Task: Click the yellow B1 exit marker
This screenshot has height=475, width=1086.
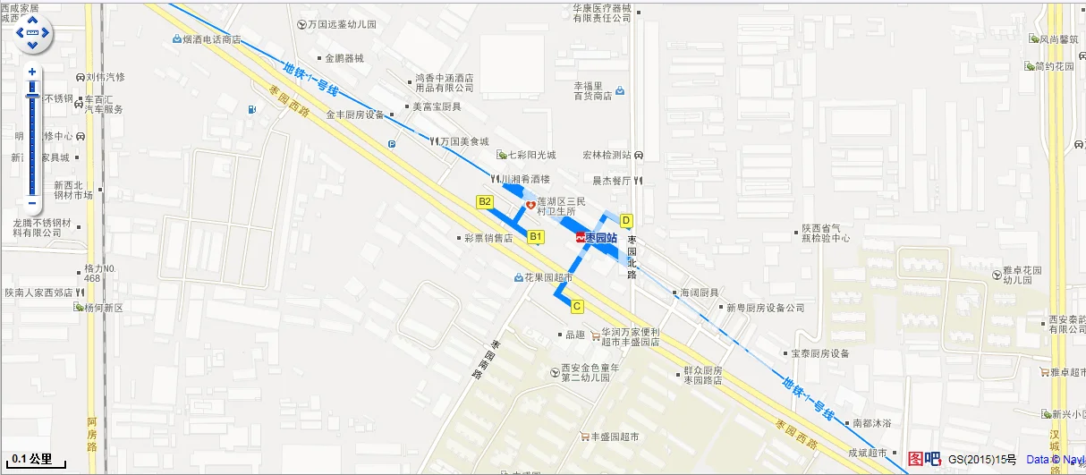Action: [536, 236]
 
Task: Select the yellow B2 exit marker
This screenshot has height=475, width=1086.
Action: [485, 202]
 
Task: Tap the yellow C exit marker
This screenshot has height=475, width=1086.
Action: [578, 306]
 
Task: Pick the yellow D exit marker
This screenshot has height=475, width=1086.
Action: [626, 220]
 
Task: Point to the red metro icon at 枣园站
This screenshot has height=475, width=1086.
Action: [581, 238]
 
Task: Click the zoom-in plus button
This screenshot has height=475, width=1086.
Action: [32, 72]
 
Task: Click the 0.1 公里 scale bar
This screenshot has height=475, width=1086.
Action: [32, 461]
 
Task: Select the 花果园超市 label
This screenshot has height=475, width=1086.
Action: [548, 277]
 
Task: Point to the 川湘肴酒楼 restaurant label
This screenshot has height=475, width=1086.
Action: [526, 180]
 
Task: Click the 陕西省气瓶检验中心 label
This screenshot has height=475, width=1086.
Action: [825, 233]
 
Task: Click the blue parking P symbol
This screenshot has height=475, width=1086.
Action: [392, 144]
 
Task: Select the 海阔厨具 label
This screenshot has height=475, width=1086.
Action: [699, 293]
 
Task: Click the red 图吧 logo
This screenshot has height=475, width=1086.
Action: [924, 459]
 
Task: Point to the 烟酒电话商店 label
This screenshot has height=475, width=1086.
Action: [211, 39]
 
